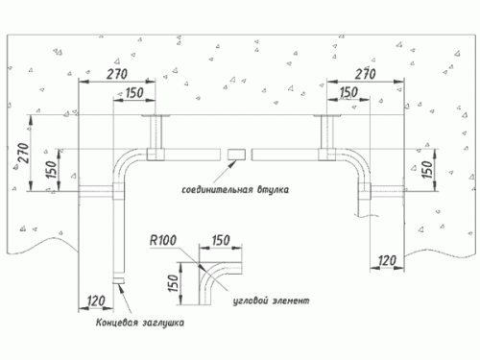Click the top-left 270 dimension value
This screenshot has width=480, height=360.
pyautogui.click(x=117, y=74)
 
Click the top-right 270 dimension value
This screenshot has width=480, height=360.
pyautogui.click(x=365, y=74)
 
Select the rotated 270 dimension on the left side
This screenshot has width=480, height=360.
pyautogui.click(x=24, y=154)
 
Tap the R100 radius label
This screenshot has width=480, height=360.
pyautogui.click(x=163, y=240)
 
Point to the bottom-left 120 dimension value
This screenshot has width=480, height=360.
pyautogui.click(x=96, y=300)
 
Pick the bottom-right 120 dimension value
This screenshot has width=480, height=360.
pyautogui.click(x=387, y=261)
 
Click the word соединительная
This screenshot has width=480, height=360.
pyautogui.click(x=218, y=190)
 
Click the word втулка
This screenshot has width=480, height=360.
pyautogui.click(x=273, y=190)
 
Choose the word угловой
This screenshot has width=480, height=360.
pyautogui.click(x=251, y=301)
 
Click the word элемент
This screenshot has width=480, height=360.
pyautogui.click(x=291, y=300)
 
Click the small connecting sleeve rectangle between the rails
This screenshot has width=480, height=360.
pyautogui.click(x=236, y=155)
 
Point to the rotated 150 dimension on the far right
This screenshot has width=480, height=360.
pyautogui.click(x=427, y=169)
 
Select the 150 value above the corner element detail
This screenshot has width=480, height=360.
pyautogui.click(x=221, y=240)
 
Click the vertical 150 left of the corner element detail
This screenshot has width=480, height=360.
pyautogui.click(x=173, y=283)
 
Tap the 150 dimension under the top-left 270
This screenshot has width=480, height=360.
pyautogui.click(x=134, y=93)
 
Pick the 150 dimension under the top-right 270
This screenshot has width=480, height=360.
pyautogui.click(x=348, y=92)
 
